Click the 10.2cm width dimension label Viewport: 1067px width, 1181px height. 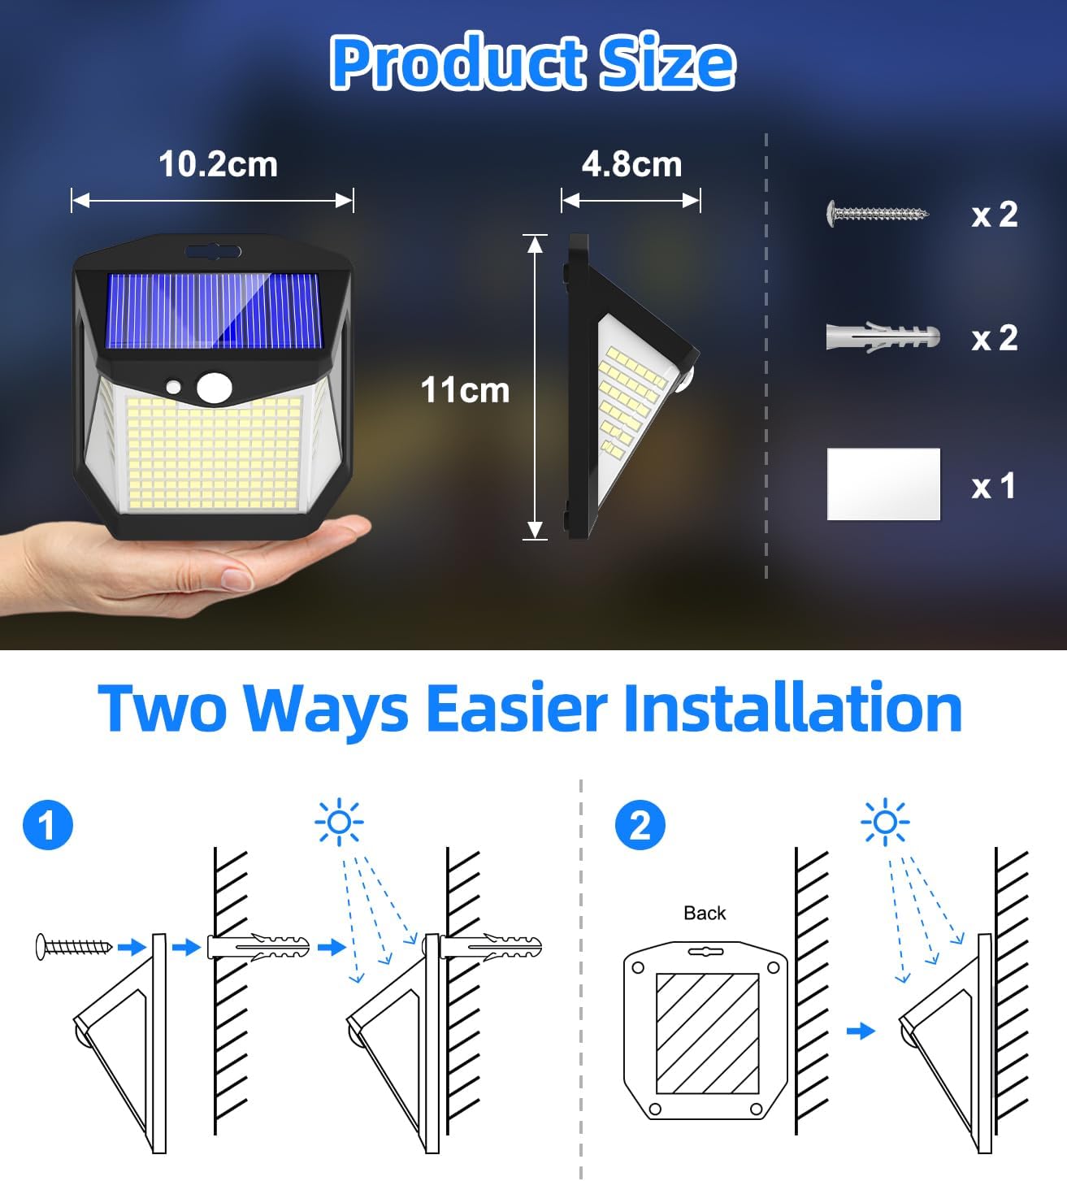pos(218,164)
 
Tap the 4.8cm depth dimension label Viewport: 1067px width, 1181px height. pos(631,164)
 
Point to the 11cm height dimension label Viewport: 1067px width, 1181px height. pos(465,390)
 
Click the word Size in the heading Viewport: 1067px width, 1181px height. pos(666,63)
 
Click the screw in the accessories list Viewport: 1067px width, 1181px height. pos(878,214)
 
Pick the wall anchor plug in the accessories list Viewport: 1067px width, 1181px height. pos(883,336)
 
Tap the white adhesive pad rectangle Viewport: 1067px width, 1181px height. pos(883,484)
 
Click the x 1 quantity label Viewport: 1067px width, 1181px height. pos(994,486)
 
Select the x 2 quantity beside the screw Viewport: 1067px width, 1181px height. pos(994,215)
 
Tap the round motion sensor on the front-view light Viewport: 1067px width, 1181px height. pos(214,387)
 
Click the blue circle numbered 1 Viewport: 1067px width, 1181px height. pos(48,825)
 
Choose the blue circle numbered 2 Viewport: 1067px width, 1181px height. pos(640,825)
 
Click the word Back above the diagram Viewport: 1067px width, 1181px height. pos(705,913)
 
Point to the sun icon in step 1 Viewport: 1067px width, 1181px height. pos(339,823)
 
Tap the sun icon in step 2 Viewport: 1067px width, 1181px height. pos(885,823)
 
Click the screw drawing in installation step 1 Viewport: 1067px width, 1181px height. pos(74,946)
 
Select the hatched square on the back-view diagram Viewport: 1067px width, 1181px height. pos(707,1033)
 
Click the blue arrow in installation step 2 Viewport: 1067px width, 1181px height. pos(861,1031)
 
